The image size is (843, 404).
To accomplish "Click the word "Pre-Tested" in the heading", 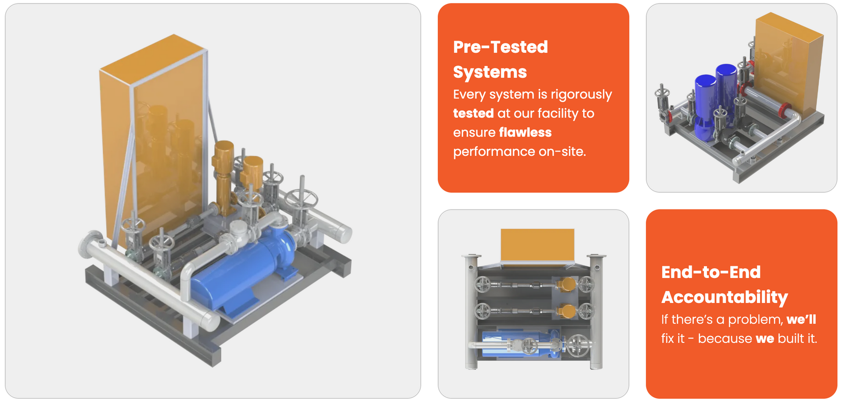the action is pyautogui.click(x=501, y=47).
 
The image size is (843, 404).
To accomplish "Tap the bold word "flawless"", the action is pyautogui.click(x=525, y=132).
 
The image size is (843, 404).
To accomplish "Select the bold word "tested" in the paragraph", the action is pyautogui.click(x=473, y=113).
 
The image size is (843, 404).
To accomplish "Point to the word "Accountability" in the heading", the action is pyautogui.click(x=724, y=297).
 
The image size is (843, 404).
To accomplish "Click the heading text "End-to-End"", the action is pyautogui.click(x=711, y=272).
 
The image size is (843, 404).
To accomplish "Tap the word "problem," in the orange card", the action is pyautogui.click(x=756, y=320).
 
